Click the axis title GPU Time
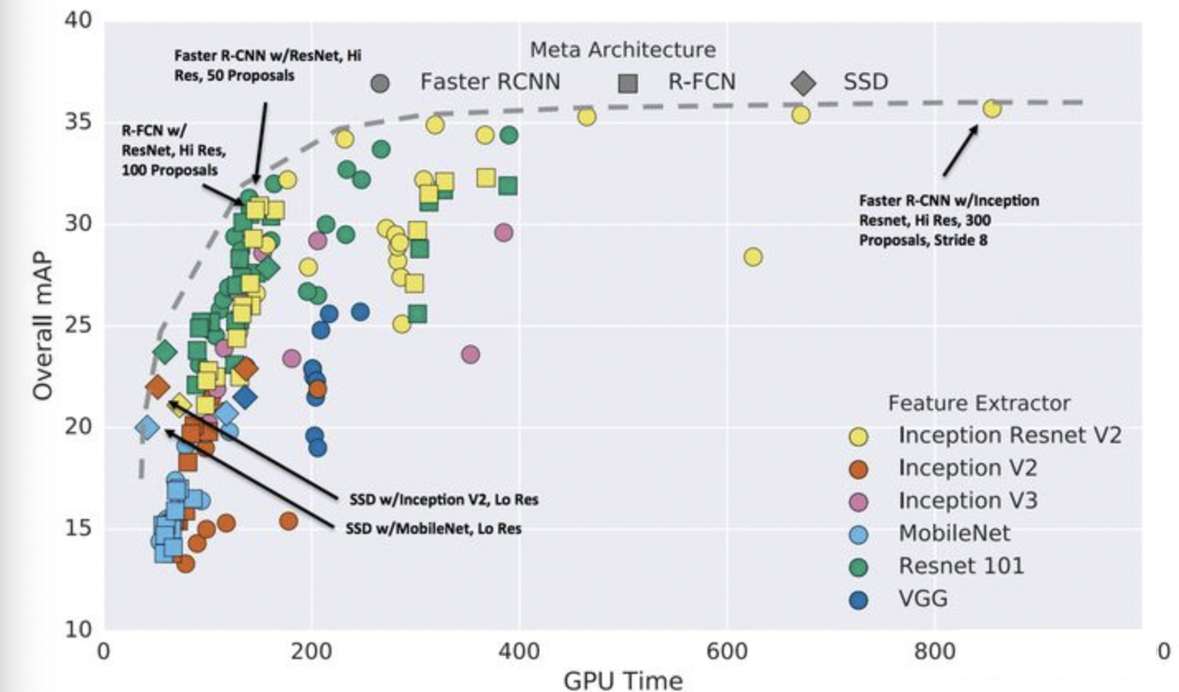coord(622,680)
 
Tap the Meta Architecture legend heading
coord(622,49)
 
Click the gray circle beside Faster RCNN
coord(380,82)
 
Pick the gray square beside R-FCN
coord(628,82)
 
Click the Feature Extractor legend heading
coord(979,403)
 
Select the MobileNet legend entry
coord(954,532)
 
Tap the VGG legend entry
coord(923,597)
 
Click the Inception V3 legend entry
coord(967,500)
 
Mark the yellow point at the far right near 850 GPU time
coord(992,109)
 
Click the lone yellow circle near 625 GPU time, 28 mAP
coord(752,257)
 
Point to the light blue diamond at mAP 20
coord(147,427)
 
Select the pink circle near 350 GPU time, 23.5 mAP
coord(470,354)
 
